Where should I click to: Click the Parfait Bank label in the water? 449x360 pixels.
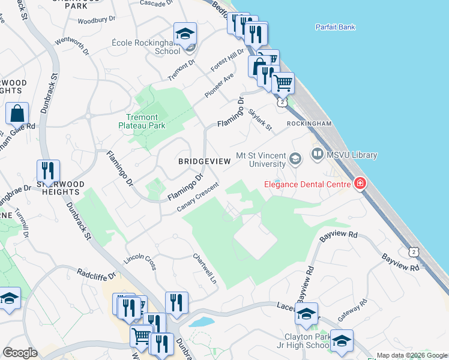coord(335,27)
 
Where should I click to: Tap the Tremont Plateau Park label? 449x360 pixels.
coord(142,121)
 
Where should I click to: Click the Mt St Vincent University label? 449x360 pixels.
coord(261,159)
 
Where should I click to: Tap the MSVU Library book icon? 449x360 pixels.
coord(318,155)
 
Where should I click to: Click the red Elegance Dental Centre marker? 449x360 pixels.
coord(360,184)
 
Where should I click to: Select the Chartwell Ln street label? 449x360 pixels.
coord(204,268)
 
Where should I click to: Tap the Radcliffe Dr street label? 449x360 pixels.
coord(95,273)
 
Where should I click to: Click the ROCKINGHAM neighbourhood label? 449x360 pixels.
coord(309,123)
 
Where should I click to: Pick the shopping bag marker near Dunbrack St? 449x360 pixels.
coord(18,114)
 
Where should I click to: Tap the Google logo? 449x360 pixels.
coord(20,353)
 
